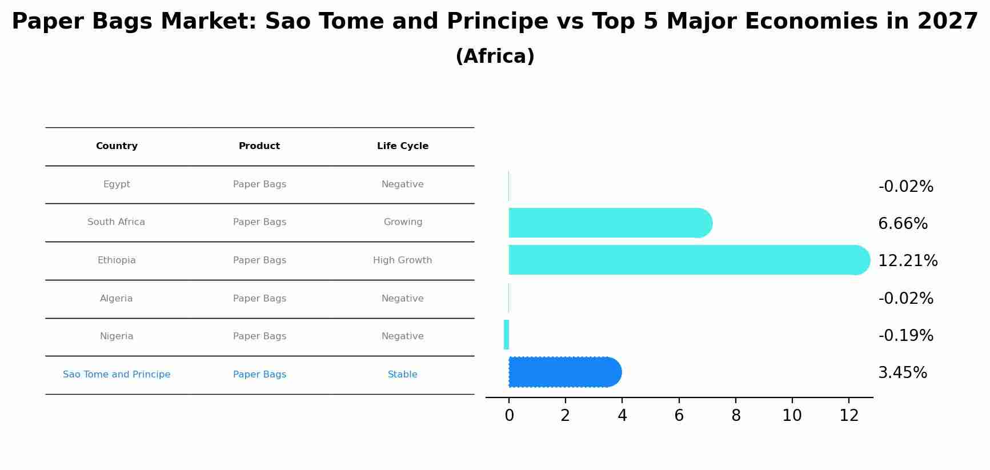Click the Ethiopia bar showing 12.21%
point(689,260)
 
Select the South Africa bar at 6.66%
point(610,223)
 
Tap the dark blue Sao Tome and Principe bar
point(565,372)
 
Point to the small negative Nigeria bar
point(506,335)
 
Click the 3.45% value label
point(903,373)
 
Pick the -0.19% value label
point(906,336)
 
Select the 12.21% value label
point(908,261)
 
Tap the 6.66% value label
point(903,224)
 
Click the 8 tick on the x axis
point(736,416)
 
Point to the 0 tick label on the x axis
point(509,416)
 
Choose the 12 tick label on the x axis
point(849,416)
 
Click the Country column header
point(117,146)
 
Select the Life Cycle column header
point(403,146)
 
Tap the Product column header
point(259,146)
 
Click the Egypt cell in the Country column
point(117,184)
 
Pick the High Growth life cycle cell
point(403,260)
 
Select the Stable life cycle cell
point(403,375)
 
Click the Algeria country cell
point(116,299)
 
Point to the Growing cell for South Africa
point(403,222)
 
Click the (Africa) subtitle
point(495,57)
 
